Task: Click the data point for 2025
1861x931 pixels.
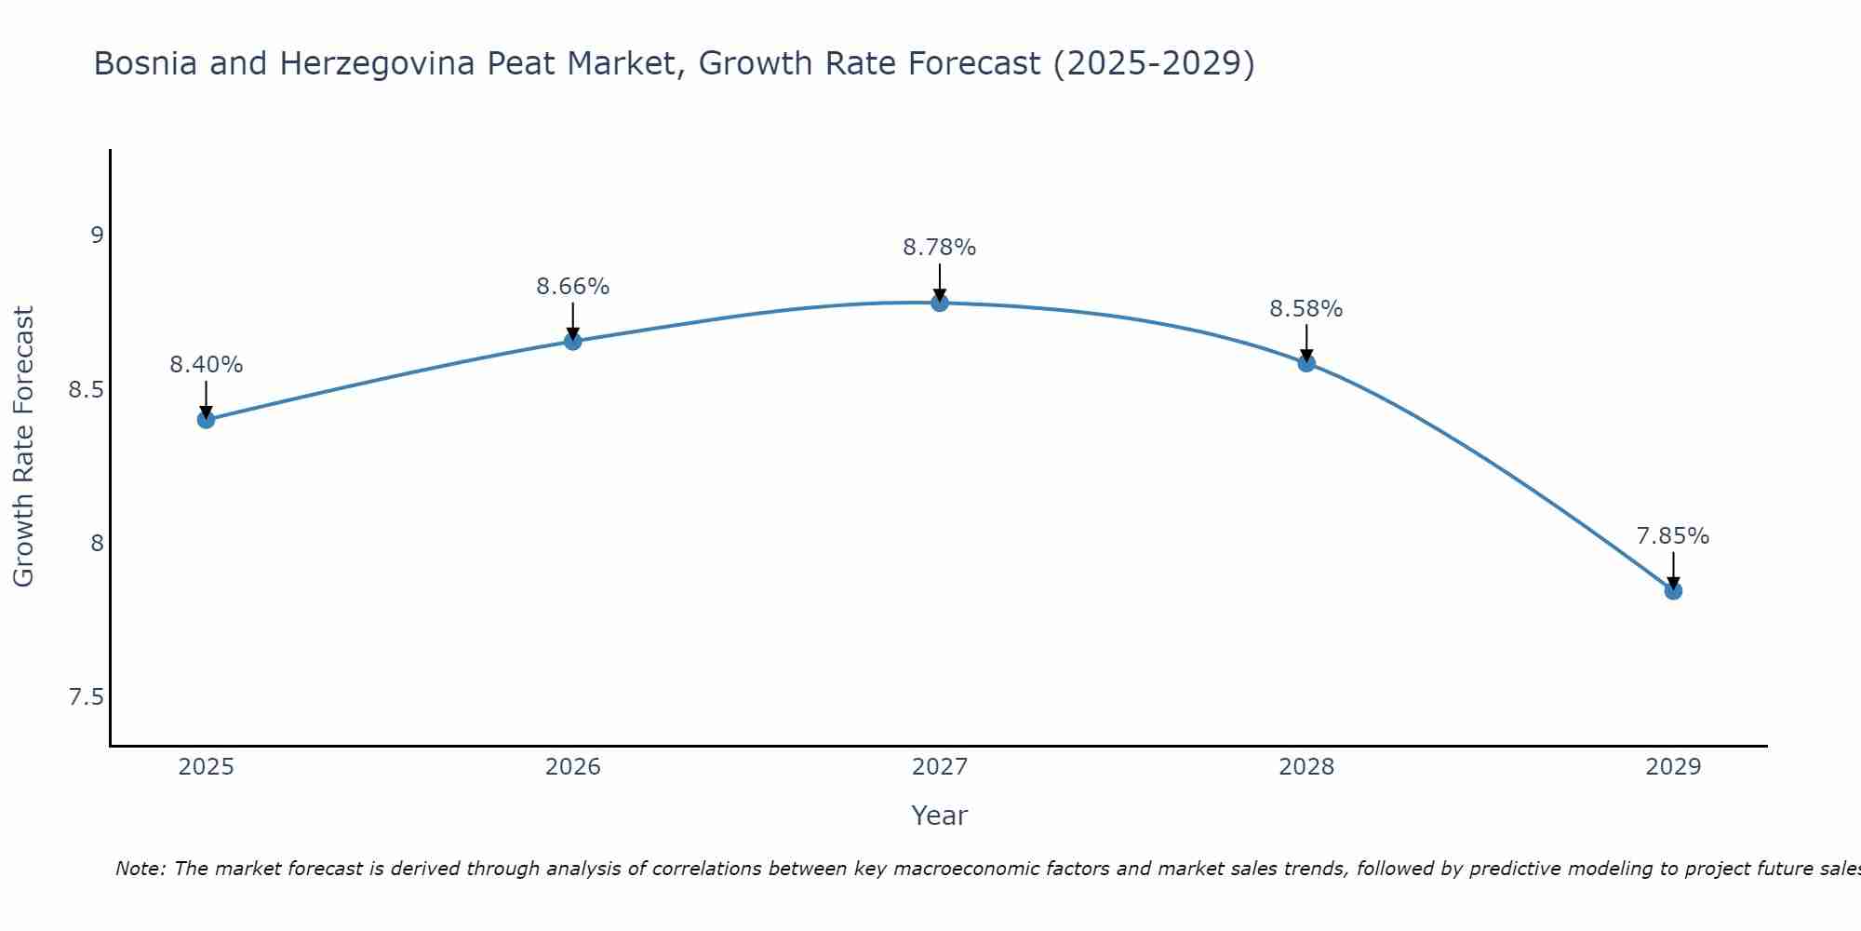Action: pyautogui.click(x=206, y=420)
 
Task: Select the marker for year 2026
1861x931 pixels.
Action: pyautogui.click(x=572, y=342)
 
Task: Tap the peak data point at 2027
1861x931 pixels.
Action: pyautogui.click(x=940, y=303)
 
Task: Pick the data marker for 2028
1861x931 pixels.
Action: pyautogui.click(x=1306, y=363)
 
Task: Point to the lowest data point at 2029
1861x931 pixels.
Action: pyautogui.click(x=1673, y=591)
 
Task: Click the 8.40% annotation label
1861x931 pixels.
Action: pyautogui.click(x=206, y=365)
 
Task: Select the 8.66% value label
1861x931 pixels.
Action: pyautogui.click(x=572, y=287)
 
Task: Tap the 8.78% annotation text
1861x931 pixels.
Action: pyautogui.click(x=940, y=248)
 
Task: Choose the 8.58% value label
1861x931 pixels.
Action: pyautogui.click(x=1306, y=309)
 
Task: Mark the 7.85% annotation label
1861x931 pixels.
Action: pyautogui.click(x=1673, y=536)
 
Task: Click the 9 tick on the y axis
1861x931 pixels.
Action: pyautogui.click(x=97, y=235)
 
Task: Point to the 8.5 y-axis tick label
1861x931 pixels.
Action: pyautogui.click(x=86, y=389)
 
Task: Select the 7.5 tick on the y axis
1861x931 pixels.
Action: pyautogui.click(x=86, y=698)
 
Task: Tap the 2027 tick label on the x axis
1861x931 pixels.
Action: pyautogui.click(x=940, y=767)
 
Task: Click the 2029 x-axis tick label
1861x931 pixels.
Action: pyautogui.click(x=1673, y=767)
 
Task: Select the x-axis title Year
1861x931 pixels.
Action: pyautogui.click(x=940, y=816)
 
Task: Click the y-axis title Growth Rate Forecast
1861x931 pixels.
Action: pyautogui.click(x=23, y=447)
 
